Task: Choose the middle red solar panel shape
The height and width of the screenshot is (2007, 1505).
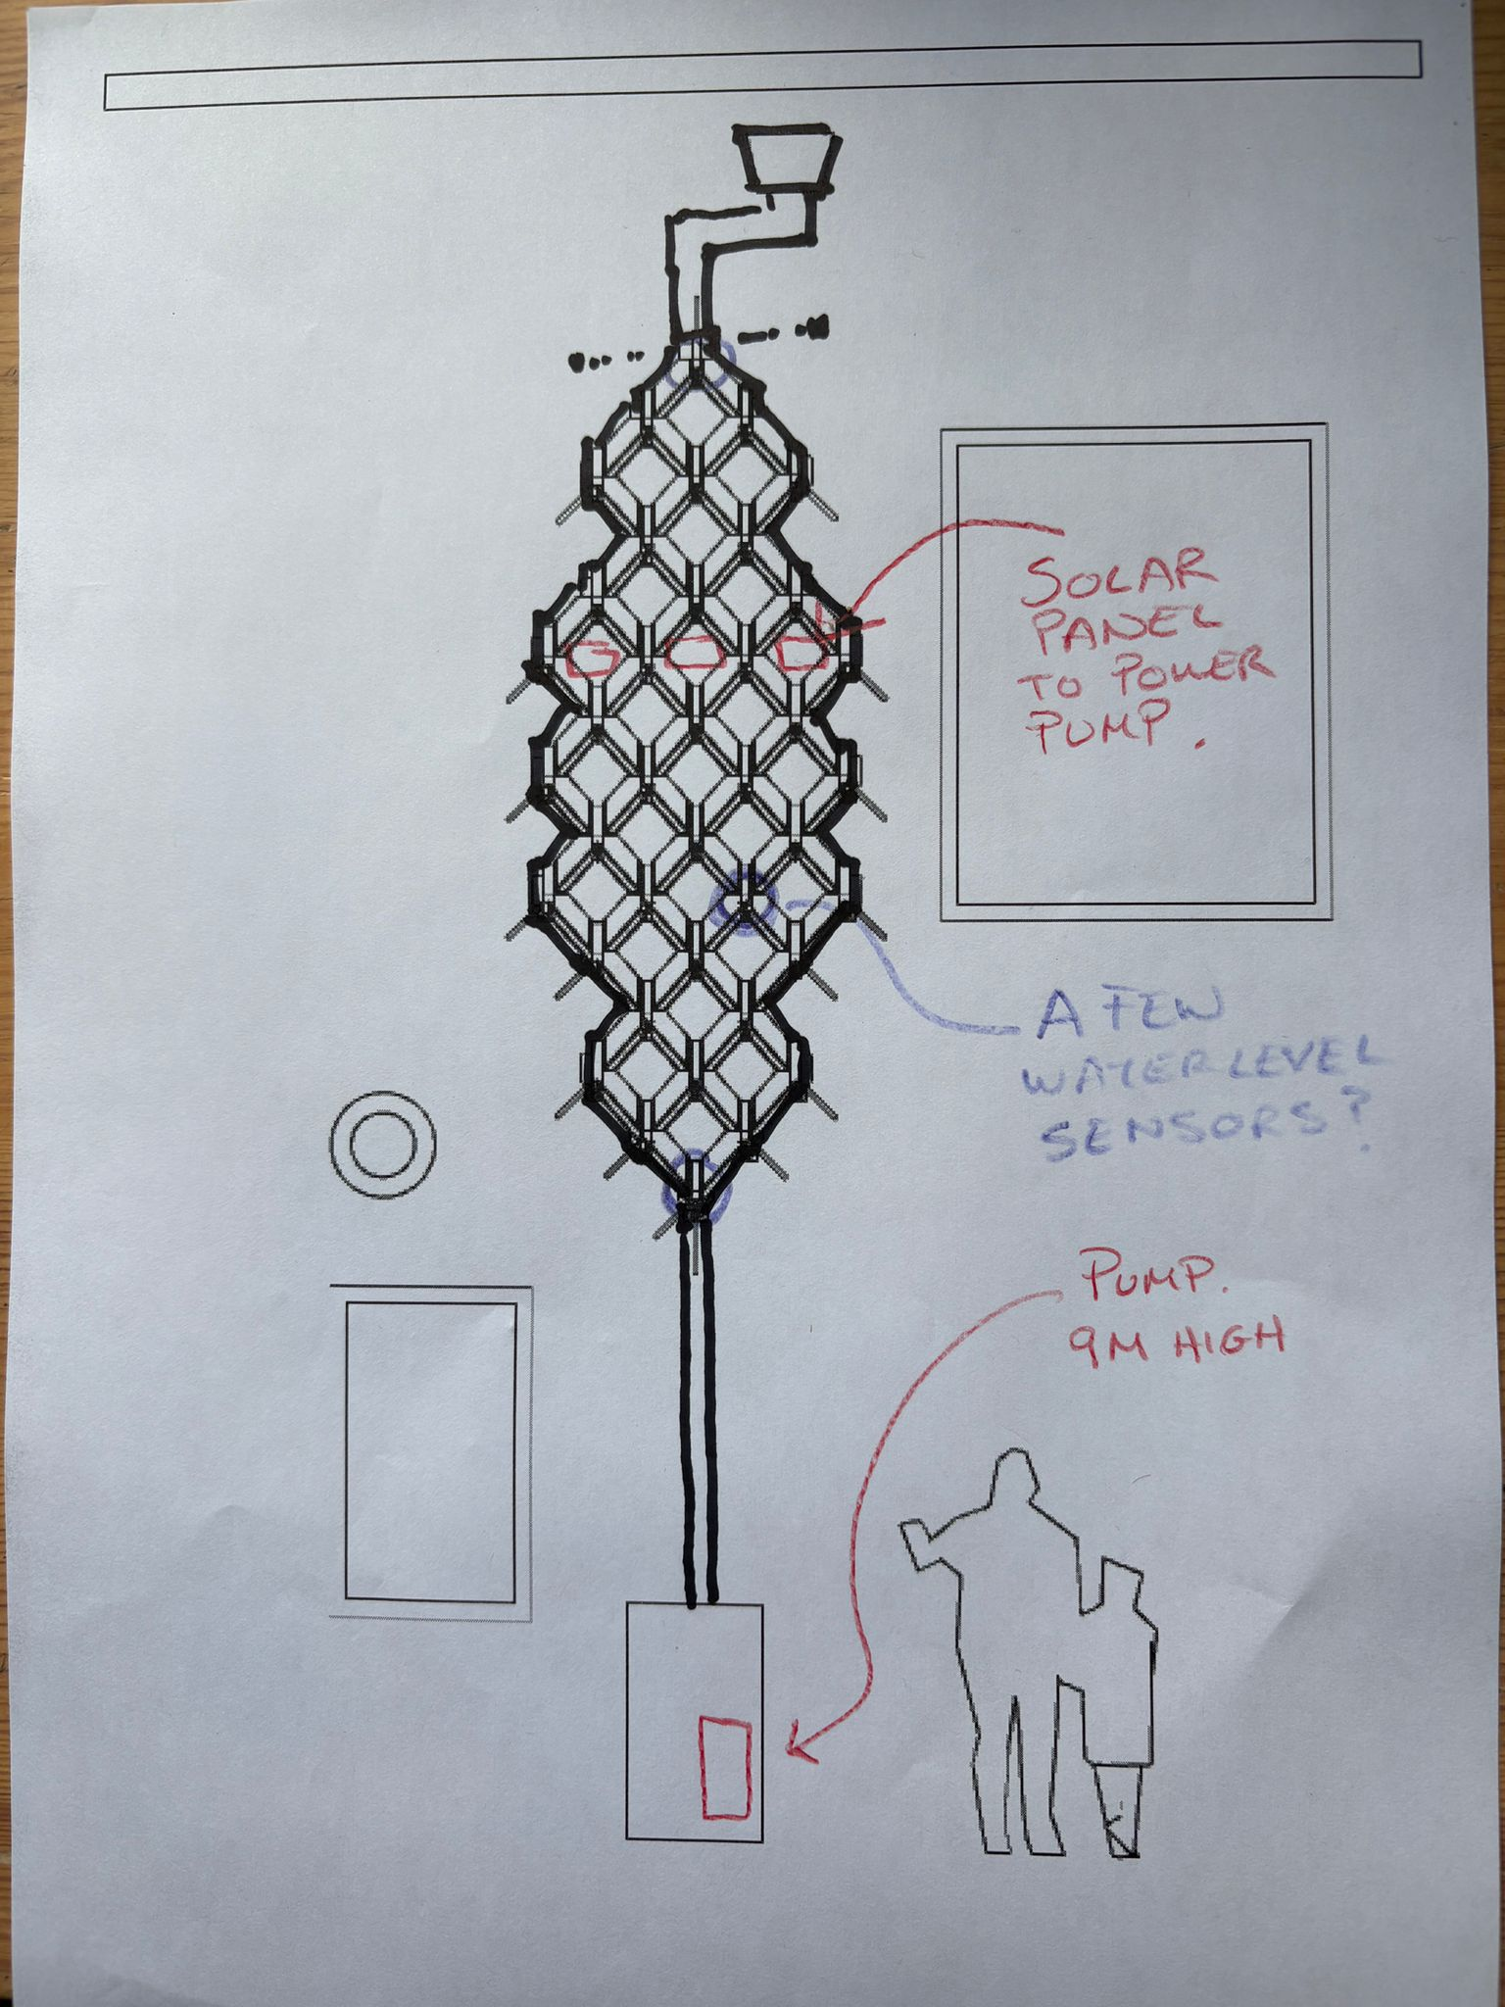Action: (692, 654)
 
